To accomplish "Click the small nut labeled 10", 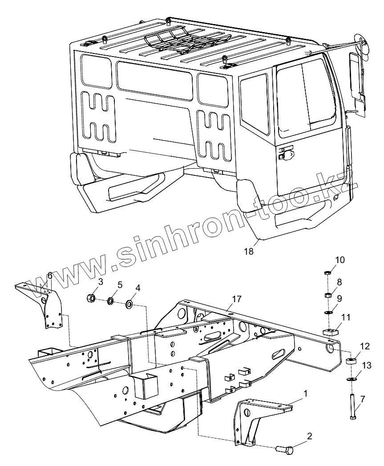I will [326, 272].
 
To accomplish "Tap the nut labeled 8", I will [326, 295].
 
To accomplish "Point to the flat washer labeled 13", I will [352, 379].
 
